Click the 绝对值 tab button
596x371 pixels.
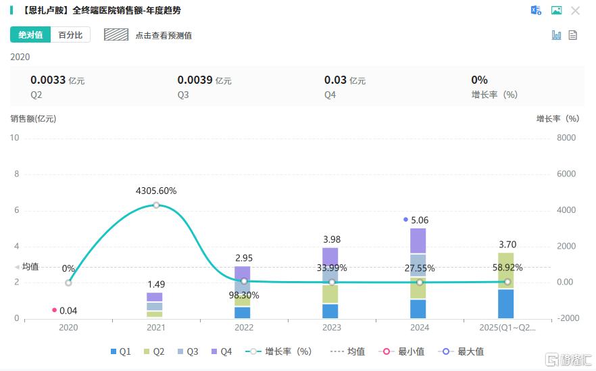(30, 35)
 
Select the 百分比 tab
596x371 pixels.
(70, 35)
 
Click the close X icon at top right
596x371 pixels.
(575, 11)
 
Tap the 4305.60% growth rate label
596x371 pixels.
(156, 191)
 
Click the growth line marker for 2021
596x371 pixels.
(156, 205)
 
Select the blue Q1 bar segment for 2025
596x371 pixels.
(505, 303)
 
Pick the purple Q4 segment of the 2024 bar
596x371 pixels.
(418, 241)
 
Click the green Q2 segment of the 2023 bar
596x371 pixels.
(330, 294)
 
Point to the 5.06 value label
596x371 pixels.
(419, 220)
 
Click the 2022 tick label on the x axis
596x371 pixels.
(244, 328)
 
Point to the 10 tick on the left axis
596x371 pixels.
(15, 138)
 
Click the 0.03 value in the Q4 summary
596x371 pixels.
(335, 80)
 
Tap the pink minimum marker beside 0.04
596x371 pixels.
(55, 310)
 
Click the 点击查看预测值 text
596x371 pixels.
(164, 35)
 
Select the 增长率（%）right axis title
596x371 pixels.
(557, 118)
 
